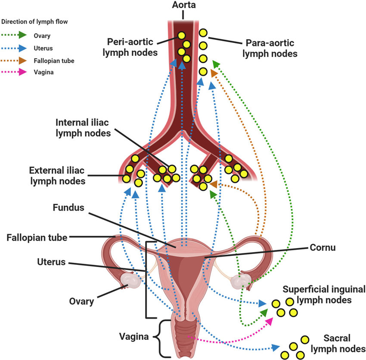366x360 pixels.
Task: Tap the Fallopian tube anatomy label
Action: click(37, 237)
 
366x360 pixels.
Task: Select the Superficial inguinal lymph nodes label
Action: click(324, 294)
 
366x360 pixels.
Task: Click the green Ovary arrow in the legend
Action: click(17, 36)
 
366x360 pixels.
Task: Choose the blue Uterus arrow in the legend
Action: click(17, 48)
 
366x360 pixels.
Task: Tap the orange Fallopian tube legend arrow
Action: click(17, 61)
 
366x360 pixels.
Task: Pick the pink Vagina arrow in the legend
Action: click(17, 72)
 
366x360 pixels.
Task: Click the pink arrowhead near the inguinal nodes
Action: click(270, 321)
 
